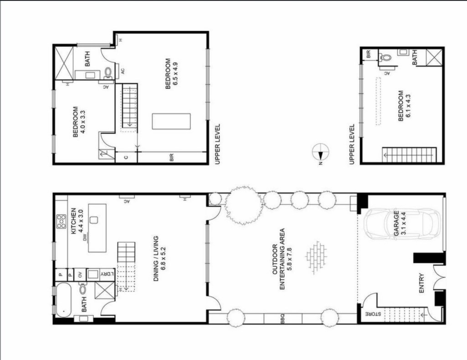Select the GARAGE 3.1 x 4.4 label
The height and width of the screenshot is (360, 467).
400,224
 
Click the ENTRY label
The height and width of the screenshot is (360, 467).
421,283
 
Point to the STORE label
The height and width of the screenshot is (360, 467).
373,314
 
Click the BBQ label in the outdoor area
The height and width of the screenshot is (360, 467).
283,318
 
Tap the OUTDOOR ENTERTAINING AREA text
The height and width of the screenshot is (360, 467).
282,259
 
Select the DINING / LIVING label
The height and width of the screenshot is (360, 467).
159,259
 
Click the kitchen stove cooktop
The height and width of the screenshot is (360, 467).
62,221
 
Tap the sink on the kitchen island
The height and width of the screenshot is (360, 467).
94,220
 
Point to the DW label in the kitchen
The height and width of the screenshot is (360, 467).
84,238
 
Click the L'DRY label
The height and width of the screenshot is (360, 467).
107,274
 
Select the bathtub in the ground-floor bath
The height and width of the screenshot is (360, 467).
63,300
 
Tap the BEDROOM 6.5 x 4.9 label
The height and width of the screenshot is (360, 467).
171,73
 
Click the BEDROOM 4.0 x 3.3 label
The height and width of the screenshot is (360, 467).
79,122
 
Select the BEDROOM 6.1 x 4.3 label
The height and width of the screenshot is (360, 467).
404,106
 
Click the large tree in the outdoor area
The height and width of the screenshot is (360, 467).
244,205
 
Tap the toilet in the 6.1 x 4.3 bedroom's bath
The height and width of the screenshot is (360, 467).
386,57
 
